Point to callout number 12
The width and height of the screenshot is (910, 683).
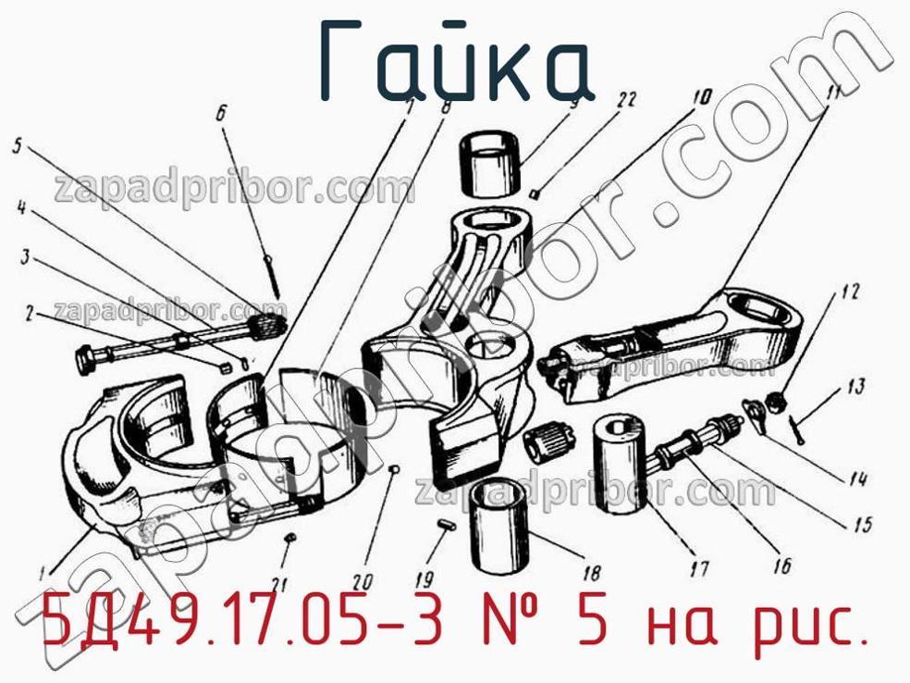tap(850, 294)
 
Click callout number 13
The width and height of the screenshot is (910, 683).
tap(855, 386)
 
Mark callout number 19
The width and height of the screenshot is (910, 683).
tap(424, 579)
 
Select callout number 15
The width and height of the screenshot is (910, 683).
tap(862, 525)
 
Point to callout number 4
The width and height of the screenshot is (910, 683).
tap(20, 210)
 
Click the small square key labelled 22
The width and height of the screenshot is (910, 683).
tap(535, 192)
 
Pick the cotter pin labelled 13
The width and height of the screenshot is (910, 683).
tap(797, 427)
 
